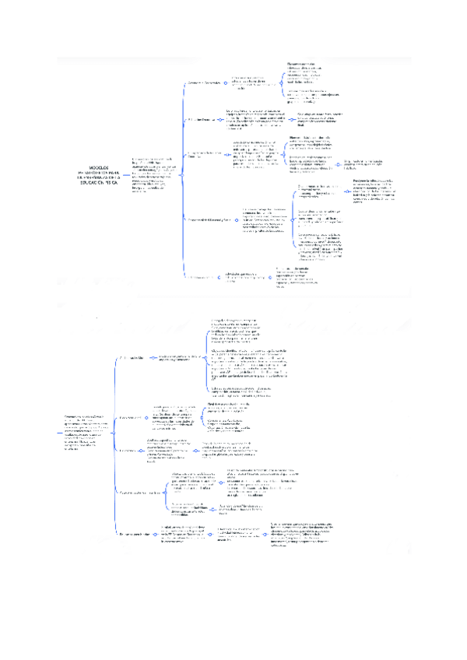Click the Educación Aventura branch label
pos(201,276)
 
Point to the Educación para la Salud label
pos(139,535)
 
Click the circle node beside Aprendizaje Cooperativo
pos(223,82)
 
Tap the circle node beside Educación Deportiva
pos(221,120)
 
